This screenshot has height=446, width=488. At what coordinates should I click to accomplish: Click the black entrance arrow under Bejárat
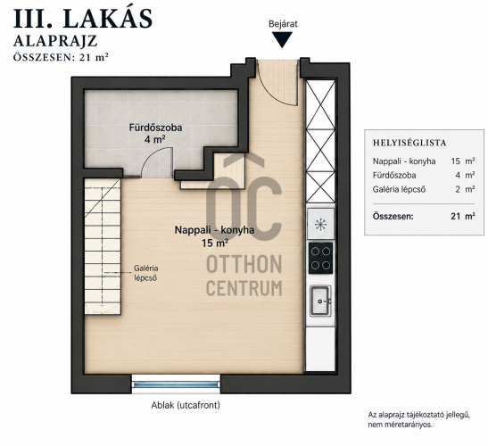(282, 39)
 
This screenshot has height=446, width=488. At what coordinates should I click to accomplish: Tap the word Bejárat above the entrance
(283, 24)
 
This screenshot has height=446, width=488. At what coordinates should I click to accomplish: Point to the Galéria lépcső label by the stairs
(145, 273)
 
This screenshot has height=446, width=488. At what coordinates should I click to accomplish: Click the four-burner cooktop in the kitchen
(320, 259)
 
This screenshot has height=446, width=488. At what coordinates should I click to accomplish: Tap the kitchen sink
(320, 301)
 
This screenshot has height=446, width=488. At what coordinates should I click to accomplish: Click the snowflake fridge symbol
(320, 225)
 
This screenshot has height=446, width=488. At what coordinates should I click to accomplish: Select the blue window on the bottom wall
(176, 384)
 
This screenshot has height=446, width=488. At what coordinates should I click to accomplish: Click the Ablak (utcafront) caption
(186, 405)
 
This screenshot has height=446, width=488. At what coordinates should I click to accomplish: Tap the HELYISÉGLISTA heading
(409, 143)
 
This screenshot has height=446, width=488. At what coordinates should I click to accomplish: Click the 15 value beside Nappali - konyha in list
(455, 161)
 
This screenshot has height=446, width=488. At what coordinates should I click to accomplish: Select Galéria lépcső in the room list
(399, 189)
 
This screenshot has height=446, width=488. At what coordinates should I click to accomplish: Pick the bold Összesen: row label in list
(393, 216)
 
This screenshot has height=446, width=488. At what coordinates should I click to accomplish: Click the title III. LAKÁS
(83, 19)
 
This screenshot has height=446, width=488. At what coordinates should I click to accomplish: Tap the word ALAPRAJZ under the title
(55, 41)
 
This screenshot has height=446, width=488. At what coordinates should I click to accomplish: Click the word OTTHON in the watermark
(244, 264)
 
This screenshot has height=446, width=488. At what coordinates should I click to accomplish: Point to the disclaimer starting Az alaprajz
(419, 419)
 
